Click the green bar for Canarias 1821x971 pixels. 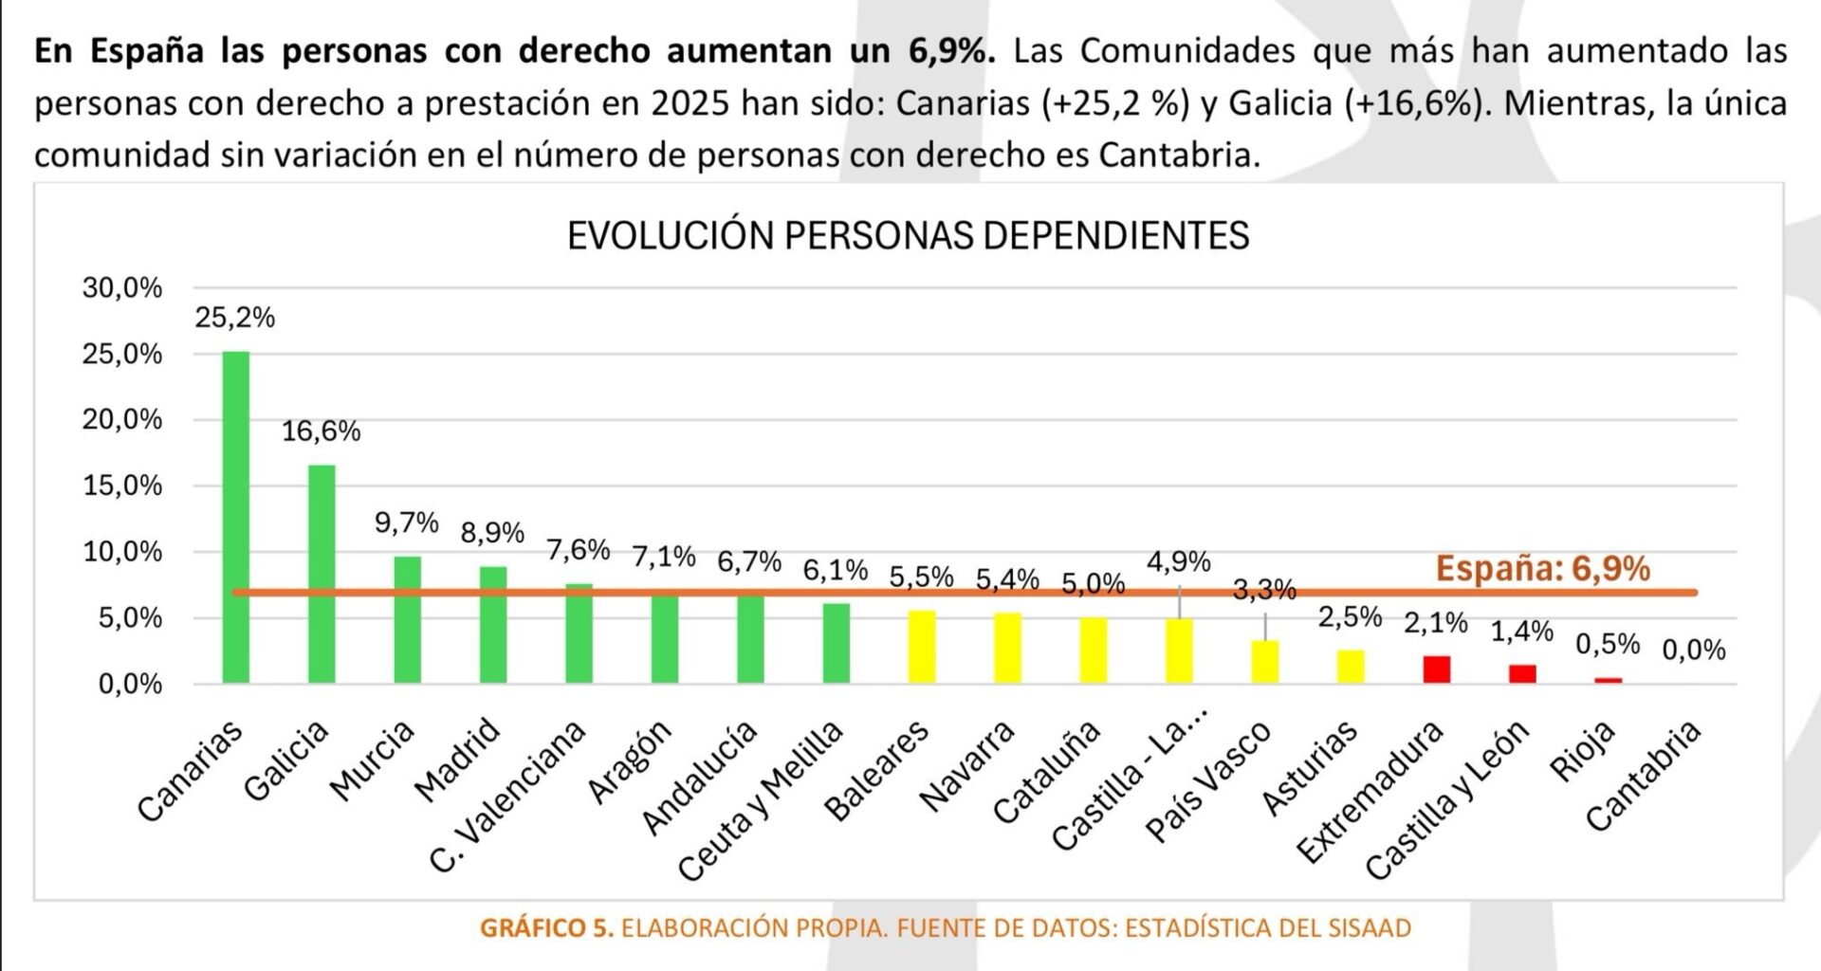236,517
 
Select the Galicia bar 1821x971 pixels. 322,574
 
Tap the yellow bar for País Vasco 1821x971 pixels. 1264,662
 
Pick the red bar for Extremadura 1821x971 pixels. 1436,669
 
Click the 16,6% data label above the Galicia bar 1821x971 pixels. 322,431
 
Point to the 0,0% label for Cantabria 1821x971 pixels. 1693,650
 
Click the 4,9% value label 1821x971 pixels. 1179,562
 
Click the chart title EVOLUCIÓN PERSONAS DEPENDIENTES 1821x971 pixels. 908,235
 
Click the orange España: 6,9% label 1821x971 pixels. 1542,569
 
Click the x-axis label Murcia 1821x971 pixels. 373,760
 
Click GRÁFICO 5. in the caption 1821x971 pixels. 547,928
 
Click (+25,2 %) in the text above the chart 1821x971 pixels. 1115,103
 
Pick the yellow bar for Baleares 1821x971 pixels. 922,647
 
